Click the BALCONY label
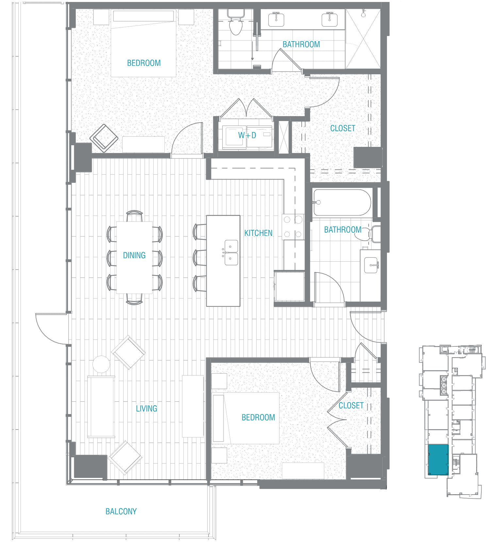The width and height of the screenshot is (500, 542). pyautogui.click(x=121, y=511)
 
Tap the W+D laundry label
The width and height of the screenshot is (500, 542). pyautogui.click(x=247, y=135)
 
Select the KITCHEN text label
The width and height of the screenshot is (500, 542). pyautogui.click(x=258, y=233)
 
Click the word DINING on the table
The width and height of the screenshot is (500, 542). pyautogui.click(x=134, y=255)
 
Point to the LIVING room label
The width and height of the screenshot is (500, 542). pyautogui.click(x=146, y=409)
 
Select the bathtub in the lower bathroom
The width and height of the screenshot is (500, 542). pyautogui.click(x=342, y=202)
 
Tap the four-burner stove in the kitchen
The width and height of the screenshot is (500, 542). pyautogui.click(x=293, y=227)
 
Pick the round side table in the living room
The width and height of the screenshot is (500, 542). pyautogui.click(x=101, y=364)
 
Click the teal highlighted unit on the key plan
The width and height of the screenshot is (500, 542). pyautogui.click(x=438, y=460)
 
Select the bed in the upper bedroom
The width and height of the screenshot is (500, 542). pyautogui.click(x=143, y=43)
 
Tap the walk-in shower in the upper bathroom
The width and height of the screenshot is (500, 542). pyautogui.click(x=363, y=39)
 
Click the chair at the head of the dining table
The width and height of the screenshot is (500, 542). pyautogui.click(x=135, y=216)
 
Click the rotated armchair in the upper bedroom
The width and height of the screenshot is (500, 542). pyautogui.click(x=104, y=138)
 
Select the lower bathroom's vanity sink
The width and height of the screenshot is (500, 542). pyautogui.click(x=371, y=264)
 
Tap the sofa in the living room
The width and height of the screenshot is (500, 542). pyautogui.click(x=101, y=406)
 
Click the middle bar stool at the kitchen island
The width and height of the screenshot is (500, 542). pyautogui.click(x=200, y=258)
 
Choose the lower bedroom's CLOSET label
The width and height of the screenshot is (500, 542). pyautogui.click(x=351, y=406)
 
